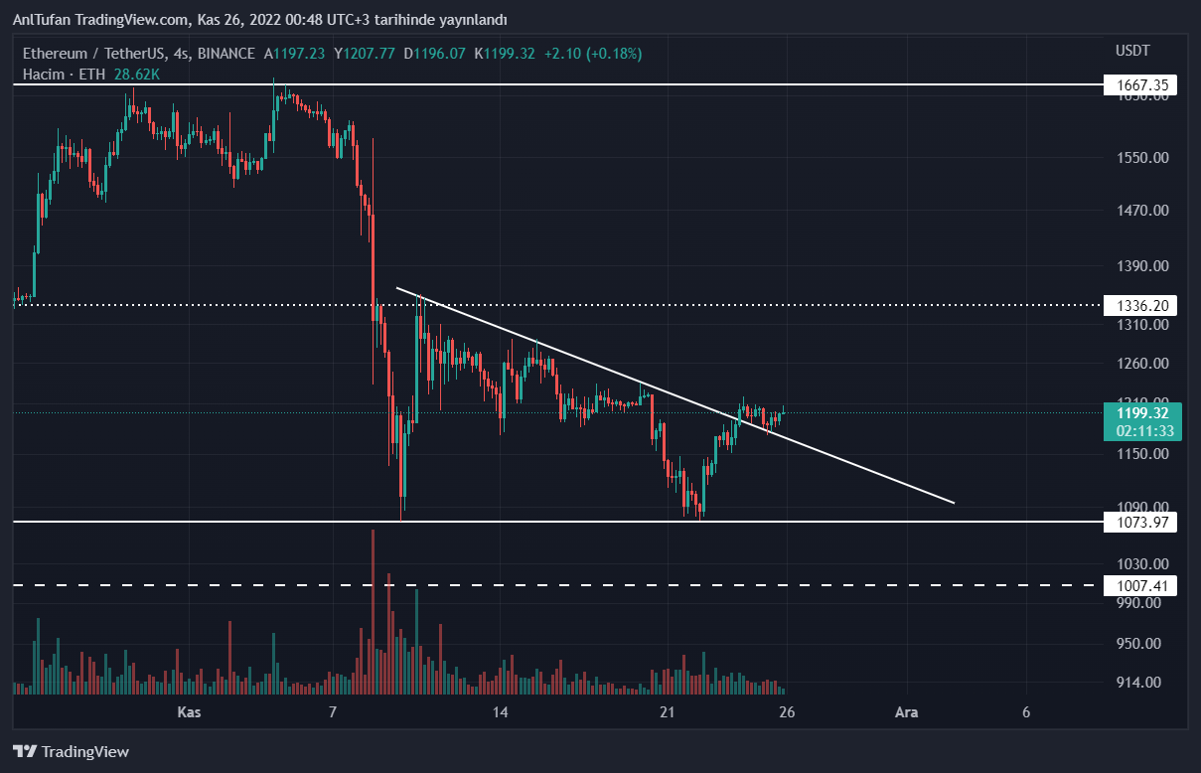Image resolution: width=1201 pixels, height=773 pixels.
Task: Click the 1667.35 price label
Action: [x=1140, y=86]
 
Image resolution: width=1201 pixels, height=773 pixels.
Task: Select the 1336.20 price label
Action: [x=1140, y=306]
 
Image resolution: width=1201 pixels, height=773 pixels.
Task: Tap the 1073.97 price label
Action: [x=1140, y=523]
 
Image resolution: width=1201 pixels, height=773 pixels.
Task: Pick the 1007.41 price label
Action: [x=1140, y=586]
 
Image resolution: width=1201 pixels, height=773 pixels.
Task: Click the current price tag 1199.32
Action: [x=1140, y=412]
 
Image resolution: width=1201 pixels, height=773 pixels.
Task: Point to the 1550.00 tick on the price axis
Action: [x=1139, y=158]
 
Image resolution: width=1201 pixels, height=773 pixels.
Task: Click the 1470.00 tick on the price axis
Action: [x=1139, y=211]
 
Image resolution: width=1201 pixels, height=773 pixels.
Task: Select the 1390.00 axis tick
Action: [x=1139, y=266]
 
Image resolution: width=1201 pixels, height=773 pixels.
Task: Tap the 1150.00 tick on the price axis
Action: [x=1139, y=454]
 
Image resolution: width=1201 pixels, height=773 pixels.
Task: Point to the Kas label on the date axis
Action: [x=189, y=712]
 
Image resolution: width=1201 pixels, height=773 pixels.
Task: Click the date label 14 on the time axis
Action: [x=500, y=712]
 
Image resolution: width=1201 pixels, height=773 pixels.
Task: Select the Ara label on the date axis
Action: [x=905, y=712]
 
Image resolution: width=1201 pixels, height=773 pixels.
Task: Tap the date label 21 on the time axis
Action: [x=667, y=712]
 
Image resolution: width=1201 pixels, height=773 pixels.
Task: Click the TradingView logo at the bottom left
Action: [x=71, y=752]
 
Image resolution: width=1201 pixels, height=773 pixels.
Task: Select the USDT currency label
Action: [x=1132, y=51]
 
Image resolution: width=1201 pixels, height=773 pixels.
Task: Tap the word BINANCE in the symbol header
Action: [x=226, y=54]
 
